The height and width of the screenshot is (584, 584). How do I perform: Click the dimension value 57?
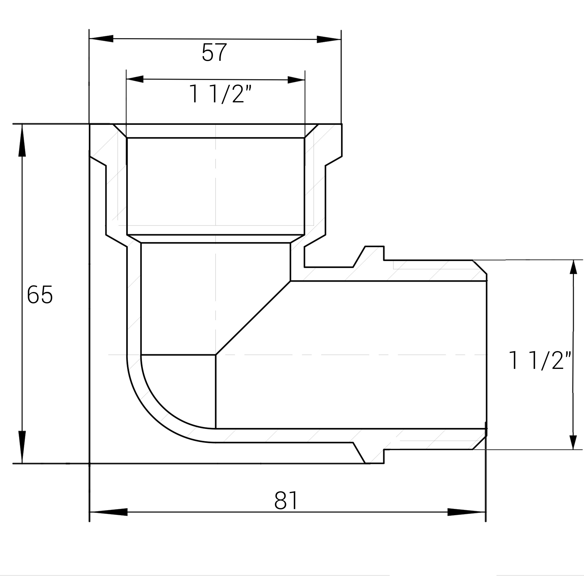click(x=214, y=52)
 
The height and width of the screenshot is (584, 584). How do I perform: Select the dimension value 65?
click(x=40, y=295)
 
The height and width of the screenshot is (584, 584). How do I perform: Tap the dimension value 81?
click(x=286, y=500)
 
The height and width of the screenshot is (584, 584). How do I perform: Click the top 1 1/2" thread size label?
click(x=220, y=94)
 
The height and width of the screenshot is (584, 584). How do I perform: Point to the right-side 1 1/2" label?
click(x=540, y=360)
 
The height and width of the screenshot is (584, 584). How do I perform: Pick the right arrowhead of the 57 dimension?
click(x=329, y=39)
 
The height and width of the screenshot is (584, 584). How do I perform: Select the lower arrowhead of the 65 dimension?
click(x=22, y=447)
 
